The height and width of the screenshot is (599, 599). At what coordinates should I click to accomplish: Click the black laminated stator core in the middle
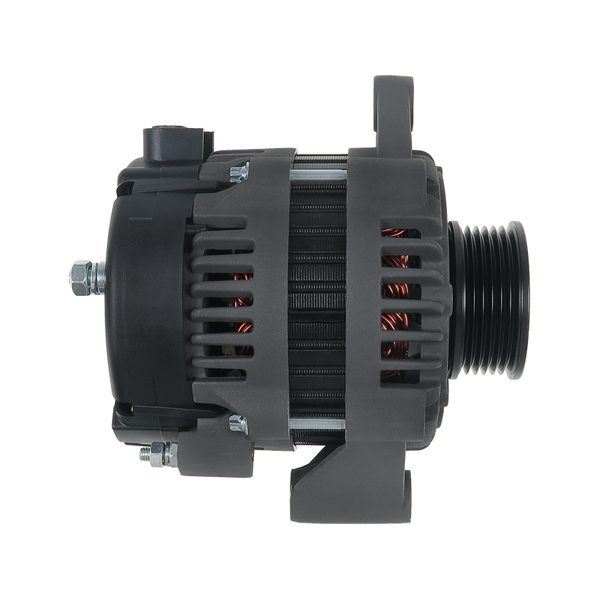[318, 299]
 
